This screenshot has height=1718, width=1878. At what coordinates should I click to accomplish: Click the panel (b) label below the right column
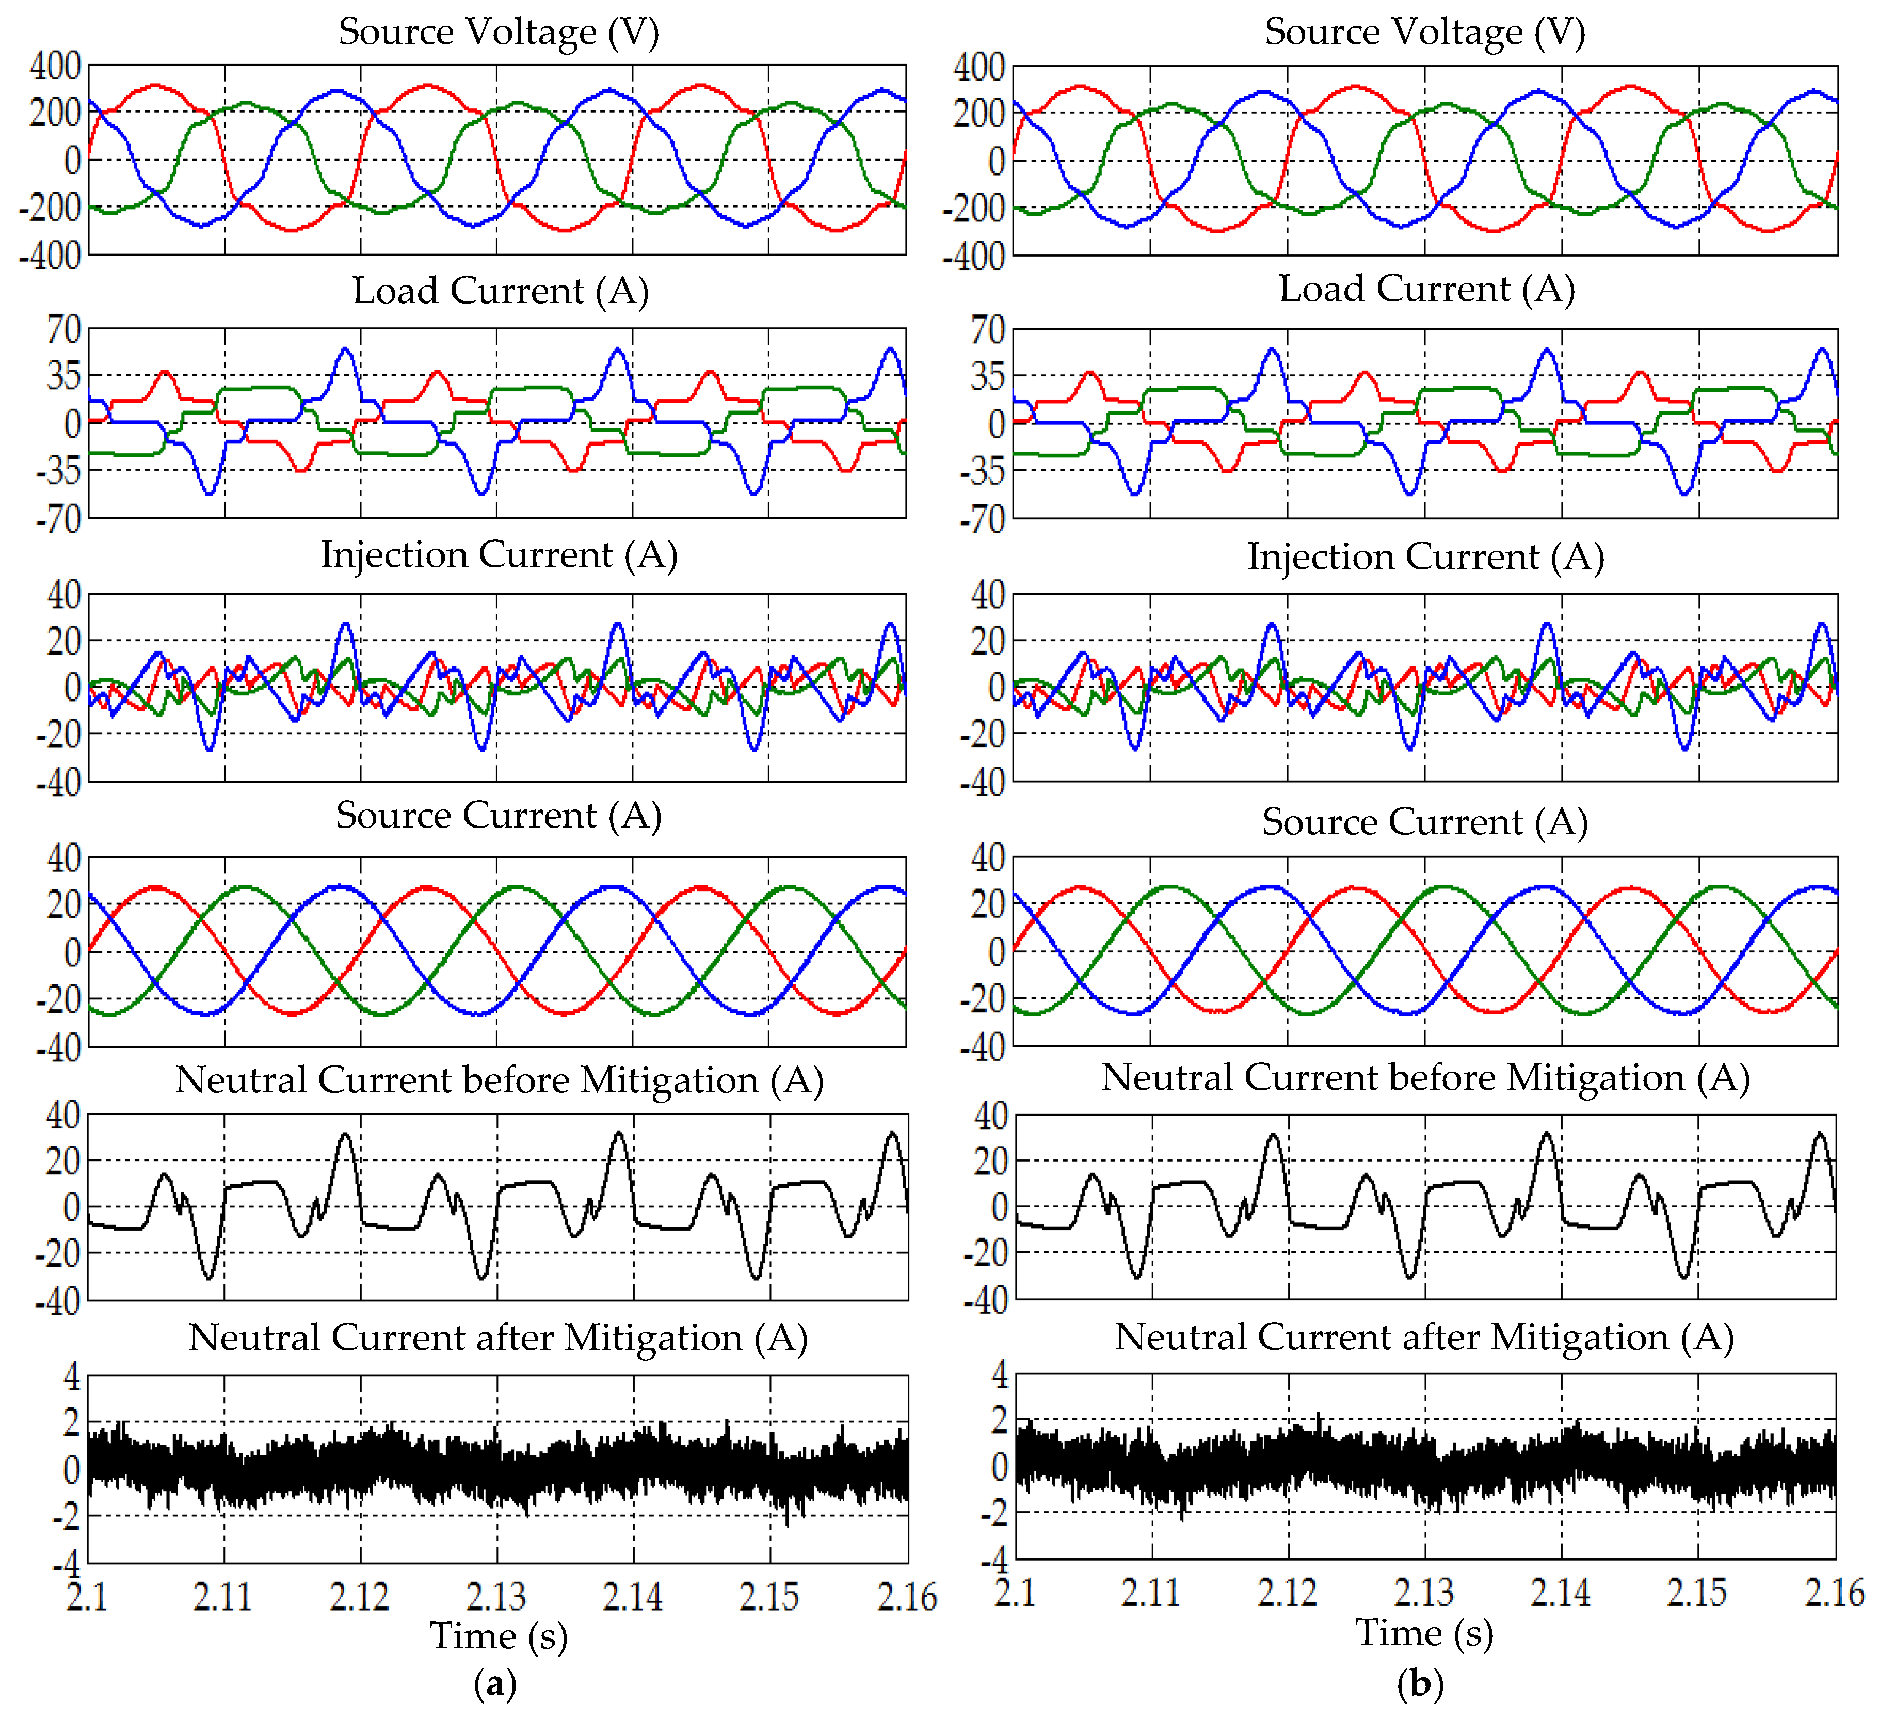click(1421, 1683)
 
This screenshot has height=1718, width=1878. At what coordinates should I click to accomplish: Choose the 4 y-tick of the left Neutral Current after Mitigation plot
click(72, 1376)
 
